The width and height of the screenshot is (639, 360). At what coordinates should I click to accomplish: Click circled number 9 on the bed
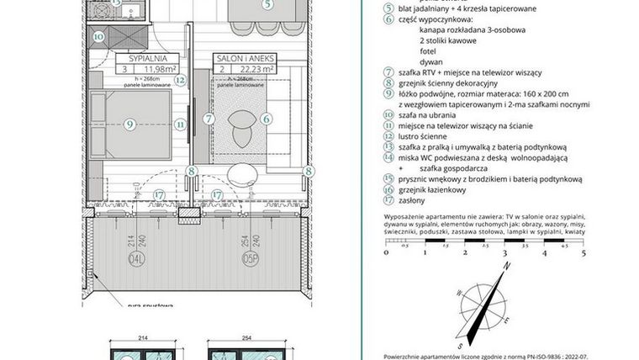[x=129, y=124]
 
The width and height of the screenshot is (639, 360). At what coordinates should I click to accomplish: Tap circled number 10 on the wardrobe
[x=99, y=37]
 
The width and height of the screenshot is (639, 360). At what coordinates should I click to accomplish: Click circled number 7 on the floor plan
[x=208, y=119]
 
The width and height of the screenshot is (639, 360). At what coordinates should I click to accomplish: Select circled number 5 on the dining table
[x=267, y=4]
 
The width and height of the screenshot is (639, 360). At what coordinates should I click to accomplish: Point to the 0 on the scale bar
[x=386, y=252]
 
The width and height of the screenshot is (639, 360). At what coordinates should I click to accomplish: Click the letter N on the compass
[x=507, y=267]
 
